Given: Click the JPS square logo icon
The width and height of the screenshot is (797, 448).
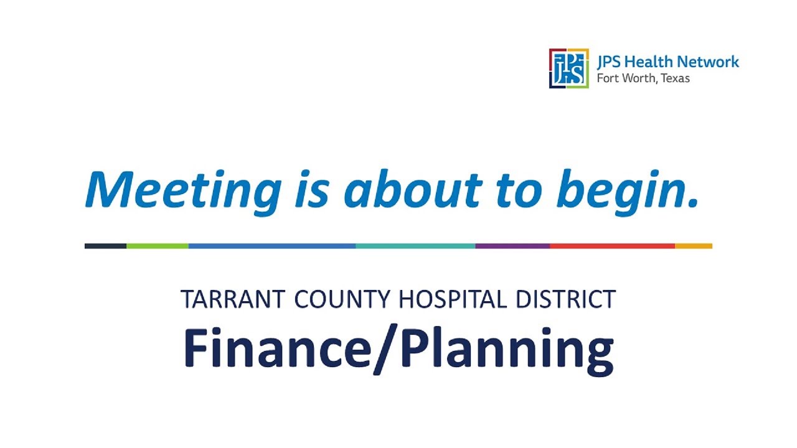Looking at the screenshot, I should tap(568, 68).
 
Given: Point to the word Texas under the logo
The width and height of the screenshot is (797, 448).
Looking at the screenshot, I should tap(674, 79).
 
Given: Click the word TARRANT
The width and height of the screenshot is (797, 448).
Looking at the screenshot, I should tap(233, 299).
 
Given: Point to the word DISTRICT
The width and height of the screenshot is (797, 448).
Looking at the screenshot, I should tap(565, 299).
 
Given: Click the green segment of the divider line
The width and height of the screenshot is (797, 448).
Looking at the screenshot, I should tap(158, 246).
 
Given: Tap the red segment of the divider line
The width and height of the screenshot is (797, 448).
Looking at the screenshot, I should tap(612, 246).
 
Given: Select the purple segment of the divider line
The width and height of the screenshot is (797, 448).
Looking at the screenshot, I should tap(512, 246).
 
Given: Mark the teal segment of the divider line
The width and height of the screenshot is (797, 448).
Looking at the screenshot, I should tap(415, 246).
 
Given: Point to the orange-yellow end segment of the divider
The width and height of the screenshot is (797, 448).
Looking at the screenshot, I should tap(694, 246).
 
